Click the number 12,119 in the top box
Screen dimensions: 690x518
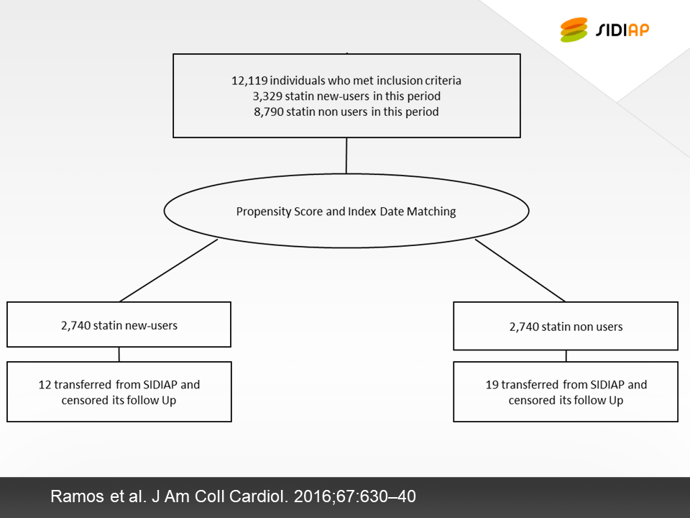(x=249, y=81)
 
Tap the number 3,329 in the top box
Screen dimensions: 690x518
(x=267, y=96)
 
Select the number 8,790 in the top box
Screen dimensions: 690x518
(x=268, y=112)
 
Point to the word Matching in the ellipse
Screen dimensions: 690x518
(x=431, y=212)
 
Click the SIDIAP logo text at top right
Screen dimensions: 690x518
(x=622, y=30)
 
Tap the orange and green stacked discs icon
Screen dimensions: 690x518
(x=574, y=29)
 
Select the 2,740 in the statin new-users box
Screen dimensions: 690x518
(x=75, y=325)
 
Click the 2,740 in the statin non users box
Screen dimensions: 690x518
(x=524, y=327)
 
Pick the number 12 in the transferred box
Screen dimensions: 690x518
(x=45, y=384)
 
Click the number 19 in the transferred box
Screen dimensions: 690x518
(x=492, y=384)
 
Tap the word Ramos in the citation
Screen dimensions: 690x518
(x=77, y=496)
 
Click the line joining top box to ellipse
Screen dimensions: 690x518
(x=346, y=156)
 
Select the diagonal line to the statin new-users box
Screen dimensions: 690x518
(x=168, y=271)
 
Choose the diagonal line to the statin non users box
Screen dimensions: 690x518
(x=520, y=271)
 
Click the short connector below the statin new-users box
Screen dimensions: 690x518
(x=119, y=355)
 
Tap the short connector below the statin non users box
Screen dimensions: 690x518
(x=566, y=356)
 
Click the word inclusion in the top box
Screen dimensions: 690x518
(x=400, y=81)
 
